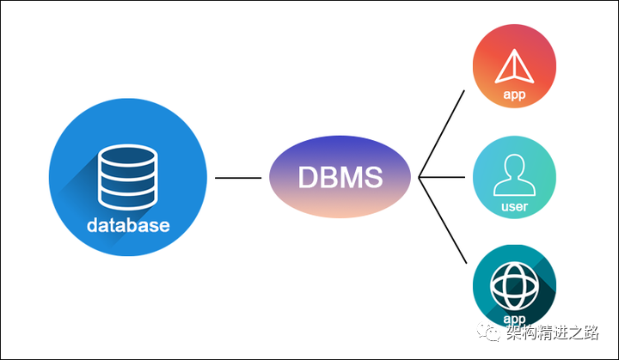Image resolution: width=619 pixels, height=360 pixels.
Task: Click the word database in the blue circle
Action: click(127, 226)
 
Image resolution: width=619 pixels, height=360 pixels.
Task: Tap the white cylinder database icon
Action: click(127, 179)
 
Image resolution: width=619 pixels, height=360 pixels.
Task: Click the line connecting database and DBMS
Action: click(238, 178)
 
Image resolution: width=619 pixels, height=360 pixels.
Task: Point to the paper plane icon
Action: click(514, 67)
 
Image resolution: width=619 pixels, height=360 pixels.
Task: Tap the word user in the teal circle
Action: click(514, 207)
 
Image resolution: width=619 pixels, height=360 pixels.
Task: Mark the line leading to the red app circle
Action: click(442, 133)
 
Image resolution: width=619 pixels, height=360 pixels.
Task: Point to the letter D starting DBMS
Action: click(308, 178)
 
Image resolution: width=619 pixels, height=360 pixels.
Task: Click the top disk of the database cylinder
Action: click(127, 159)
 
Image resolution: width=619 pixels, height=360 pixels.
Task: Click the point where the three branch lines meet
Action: click(419, 179)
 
